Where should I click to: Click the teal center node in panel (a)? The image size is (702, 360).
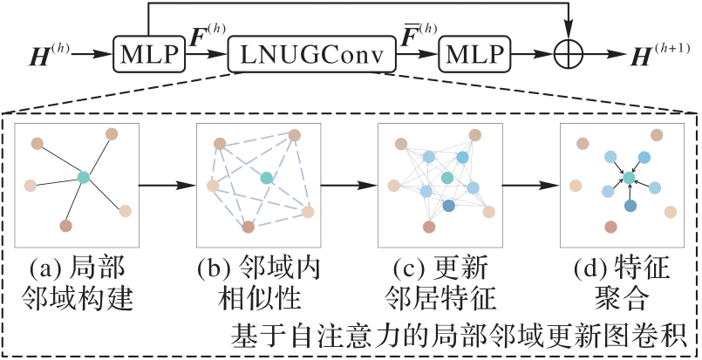pos(84,177)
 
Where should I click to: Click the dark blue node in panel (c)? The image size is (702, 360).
pos(449,206)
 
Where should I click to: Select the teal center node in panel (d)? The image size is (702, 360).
pos(628,177)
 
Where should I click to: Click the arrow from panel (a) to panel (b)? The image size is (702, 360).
pos(166,185)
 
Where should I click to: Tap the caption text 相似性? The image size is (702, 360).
pos(258,299)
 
